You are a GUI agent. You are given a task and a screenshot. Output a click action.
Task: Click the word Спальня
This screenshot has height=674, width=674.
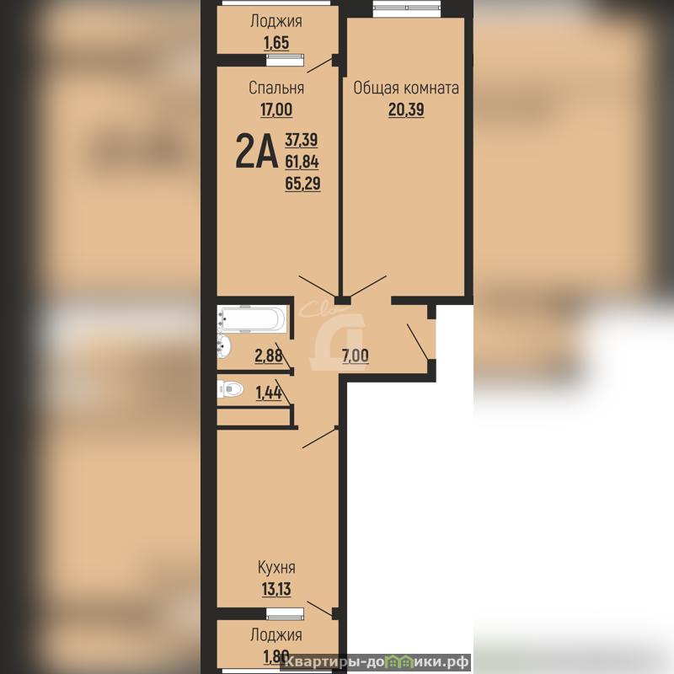click(x=276, y=88)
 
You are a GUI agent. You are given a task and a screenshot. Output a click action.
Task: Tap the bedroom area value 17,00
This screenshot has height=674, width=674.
click(x=276, y=110)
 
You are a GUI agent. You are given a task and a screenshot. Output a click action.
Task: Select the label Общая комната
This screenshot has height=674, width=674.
click(x=406, y=88)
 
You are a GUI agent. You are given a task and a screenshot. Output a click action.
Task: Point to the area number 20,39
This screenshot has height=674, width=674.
click(x=406, y=110)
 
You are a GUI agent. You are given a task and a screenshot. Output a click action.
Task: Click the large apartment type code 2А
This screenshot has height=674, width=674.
click(x=256, y=151)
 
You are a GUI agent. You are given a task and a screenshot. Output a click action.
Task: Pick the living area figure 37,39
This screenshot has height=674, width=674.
click(x=302, y=140)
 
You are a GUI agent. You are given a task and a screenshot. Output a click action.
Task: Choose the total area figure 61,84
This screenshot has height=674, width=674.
click(x=302, y=162)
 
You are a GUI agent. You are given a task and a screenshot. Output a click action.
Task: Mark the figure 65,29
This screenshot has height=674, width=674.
click(x=302, y=184)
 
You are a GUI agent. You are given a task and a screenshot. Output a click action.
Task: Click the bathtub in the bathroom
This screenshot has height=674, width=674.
click(x=251, y=319)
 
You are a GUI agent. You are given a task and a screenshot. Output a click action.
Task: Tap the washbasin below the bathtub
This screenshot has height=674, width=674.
click(x=224, y=346)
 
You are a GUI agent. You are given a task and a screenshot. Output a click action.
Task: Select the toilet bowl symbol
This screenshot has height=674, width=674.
click(x=230, y=389)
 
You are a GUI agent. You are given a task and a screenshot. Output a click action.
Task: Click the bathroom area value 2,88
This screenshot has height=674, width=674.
click(x=269, y=356)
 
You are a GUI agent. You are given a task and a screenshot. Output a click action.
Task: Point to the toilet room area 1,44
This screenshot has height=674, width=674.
click(x=269, y=393)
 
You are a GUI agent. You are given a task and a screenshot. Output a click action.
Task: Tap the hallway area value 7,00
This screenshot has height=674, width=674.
click(x=355, y=356)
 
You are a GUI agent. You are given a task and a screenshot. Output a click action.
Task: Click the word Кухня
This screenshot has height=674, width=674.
click(x=276, y=567)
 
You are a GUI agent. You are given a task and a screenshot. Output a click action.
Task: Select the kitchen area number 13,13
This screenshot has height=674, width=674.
click(x=276, y=589)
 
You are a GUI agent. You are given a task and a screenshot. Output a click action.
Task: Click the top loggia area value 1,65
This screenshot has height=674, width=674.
click(x=276, y=43)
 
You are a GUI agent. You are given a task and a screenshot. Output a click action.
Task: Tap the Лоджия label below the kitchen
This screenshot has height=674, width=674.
click(x=276, y=635)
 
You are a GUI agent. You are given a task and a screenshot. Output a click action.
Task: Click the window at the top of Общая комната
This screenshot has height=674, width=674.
click(x=407, y=8)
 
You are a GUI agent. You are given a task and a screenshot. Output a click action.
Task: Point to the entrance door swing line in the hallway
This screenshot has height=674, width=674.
click(x=417, y=342)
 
